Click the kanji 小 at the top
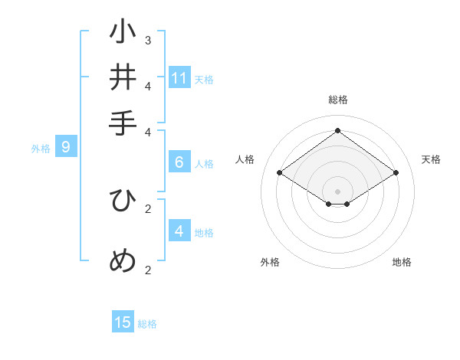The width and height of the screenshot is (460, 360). tap(123, 33)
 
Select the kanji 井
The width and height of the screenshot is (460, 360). tap(123, 77)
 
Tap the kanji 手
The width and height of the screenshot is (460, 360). tap(123, 123)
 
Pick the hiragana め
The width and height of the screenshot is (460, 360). tap(123, 260)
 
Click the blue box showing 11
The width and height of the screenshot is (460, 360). tap(179, 78)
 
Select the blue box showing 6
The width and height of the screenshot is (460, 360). tap(179, 162)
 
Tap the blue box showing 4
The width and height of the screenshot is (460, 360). tap(179, 231)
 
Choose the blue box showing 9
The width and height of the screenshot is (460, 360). tap(65, 147)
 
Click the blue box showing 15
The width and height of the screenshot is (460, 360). tap(123, 322)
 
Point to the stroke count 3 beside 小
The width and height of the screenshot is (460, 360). tap(148, 40)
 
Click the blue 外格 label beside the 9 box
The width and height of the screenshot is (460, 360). tap(41, 149)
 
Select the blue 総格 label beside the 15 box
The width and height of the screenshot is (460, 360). tap(147, 324)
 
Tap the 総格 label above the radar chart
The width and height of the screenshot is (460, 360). tap(337, 100)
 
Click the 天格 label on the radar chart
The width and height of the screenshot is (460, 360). tap(431, 159)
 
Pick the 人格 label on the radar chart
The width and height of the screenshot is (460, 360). tap(245, 159)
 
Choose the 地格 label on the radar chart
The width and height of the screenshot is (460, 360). tap(402, 262)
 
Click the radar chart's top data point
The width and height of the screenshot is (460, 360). tap(337, 130)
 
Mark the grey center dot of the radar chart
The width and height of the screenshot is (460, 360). tap(337, 191)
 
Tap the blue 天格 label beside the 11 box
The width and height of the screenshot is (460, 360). tap(204, 80)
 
